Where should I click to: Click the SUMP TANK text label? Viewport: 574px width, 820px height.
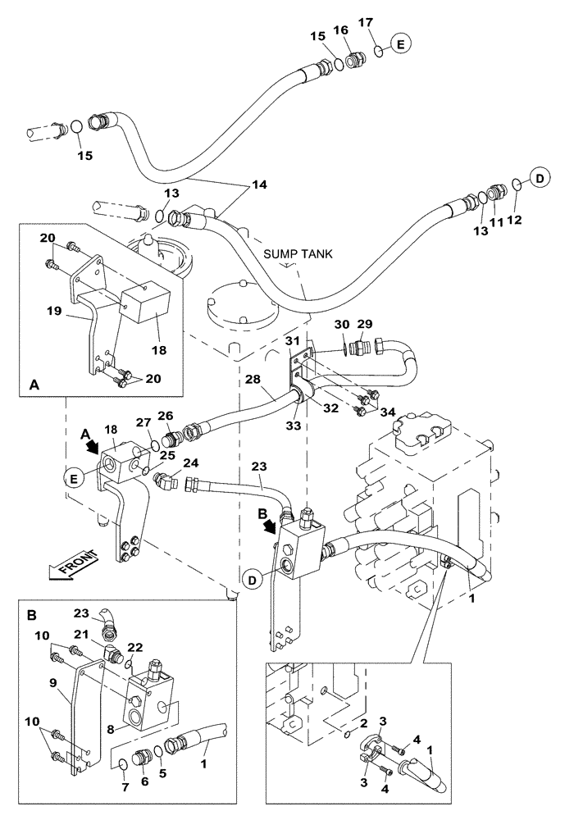click(x=298, y=254)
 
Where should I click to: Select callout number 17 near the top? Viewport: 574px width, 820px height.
click(x=367, y=21)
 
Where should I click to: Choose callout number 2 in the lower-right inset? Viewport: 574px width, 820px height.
click(x=362, y=723)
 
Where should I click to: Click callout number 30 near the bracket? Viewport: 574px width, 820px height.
click(x=342, y=326)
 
